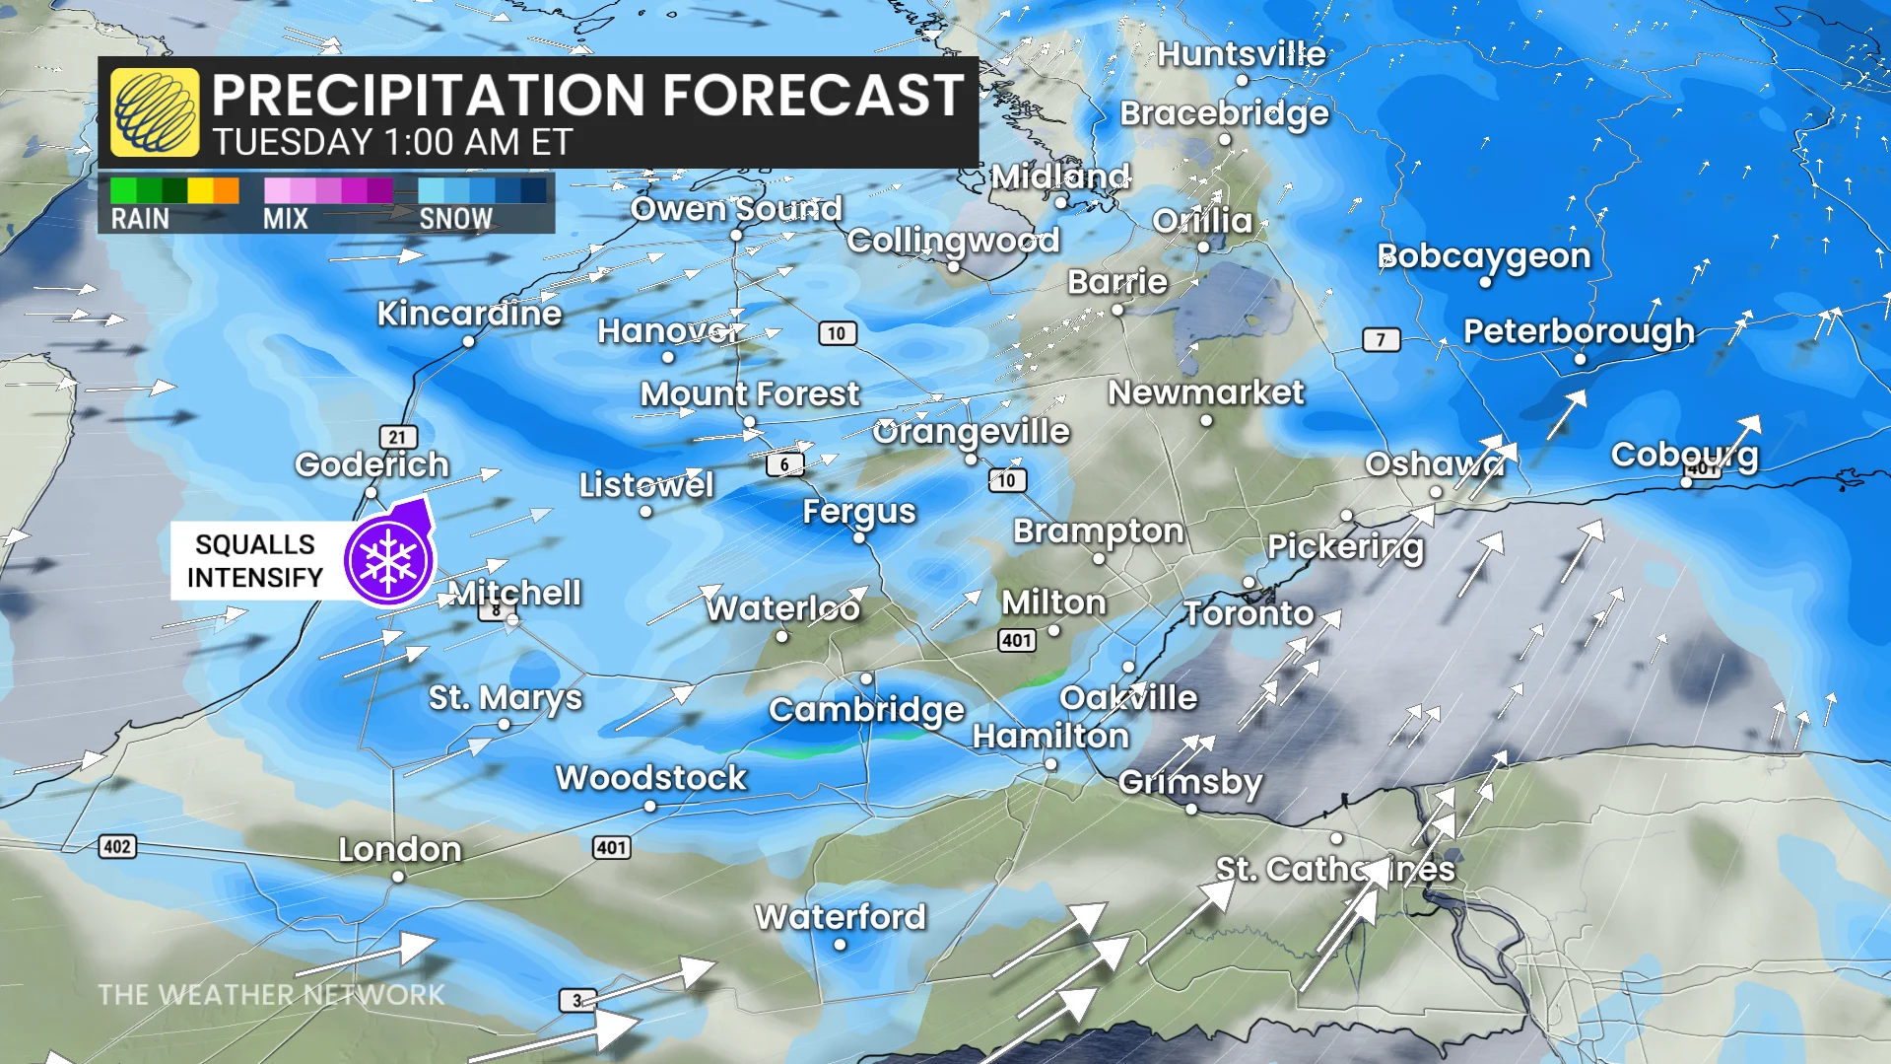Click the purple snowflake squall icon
coord(388,559)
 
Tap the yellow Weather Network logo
coord(155,112)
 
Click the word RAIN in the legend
coord(140,219)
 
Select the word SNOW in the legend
coord(455,219)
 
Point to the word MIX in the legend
coord(285,219)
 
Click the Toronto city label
coord(1249,613)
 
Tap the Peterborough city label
coord(1578,331)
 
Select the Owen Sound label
coord(736,208)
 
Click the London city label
coord(400,849)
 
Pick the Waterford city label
coord(840,917)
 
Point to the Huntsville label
coord(1241,54)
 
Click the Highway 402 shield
coord(117,846)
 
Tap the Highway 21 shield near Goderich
coord(397,437)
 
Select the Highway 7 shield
coord(1381,340)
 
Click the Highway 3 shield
coord(576,1000)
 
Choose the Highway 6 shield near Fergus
coord(784,464)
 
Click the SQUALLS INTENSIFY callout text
coord(255,560)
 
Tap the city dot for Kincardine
coord(468,342)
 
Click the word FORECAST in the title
coord(812,96)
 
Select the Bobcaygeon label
coord(1483,256)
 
